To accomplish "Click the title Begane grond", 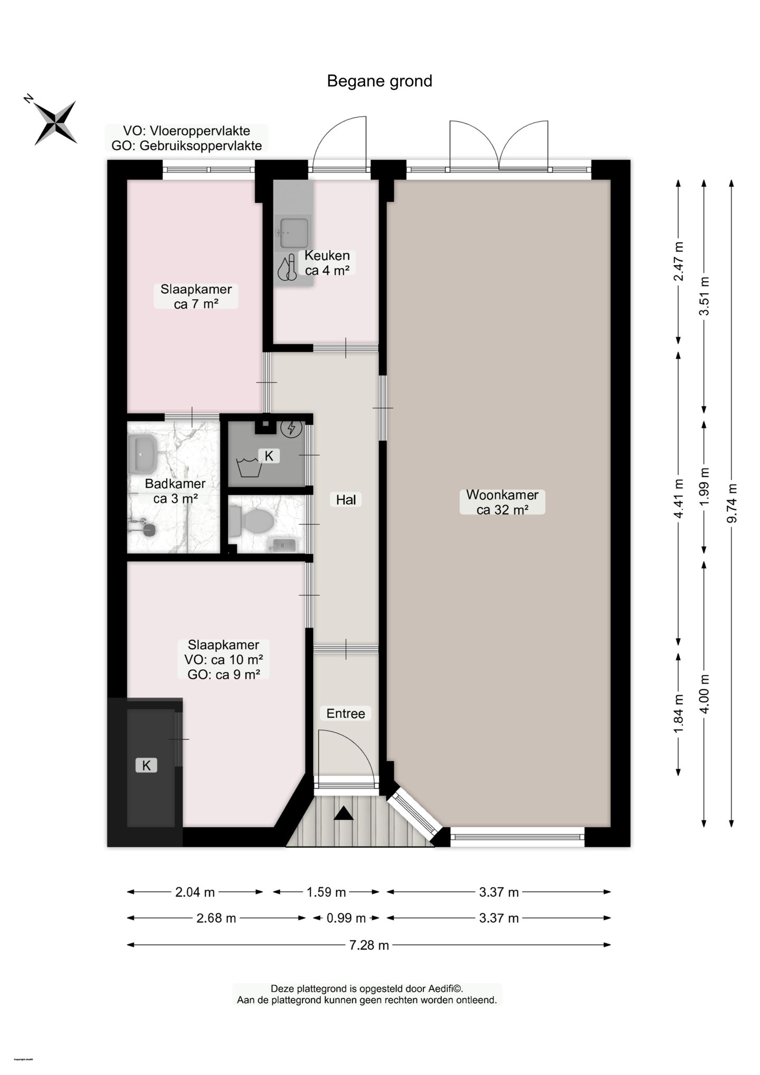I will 379,81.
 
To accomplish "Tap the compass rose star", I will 55,123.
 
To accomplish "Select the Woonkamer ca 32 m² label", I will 502,502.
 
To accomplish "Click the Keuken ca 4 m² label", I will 327,263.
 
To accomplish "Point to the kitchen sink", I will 294,233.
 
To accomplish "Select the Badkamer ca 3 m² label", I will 175,491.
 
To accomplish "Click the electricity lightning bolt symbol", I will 291,427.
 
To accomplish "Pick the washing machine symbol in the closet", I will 249,468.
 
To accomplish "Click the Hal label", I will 346,500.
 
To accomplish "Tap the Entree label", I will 345,714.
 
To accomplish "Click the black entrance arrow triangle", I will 344,814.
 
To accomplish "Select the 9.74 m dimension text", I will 731,503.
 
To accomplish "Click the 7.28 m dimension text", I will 369,945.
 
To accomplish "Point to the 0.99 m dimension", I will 346,918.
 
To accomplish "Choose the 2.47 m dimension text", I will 679,261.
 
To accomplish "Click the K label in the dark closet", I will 146,765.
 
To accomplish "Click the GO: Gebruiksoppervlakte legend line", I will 186,146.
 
